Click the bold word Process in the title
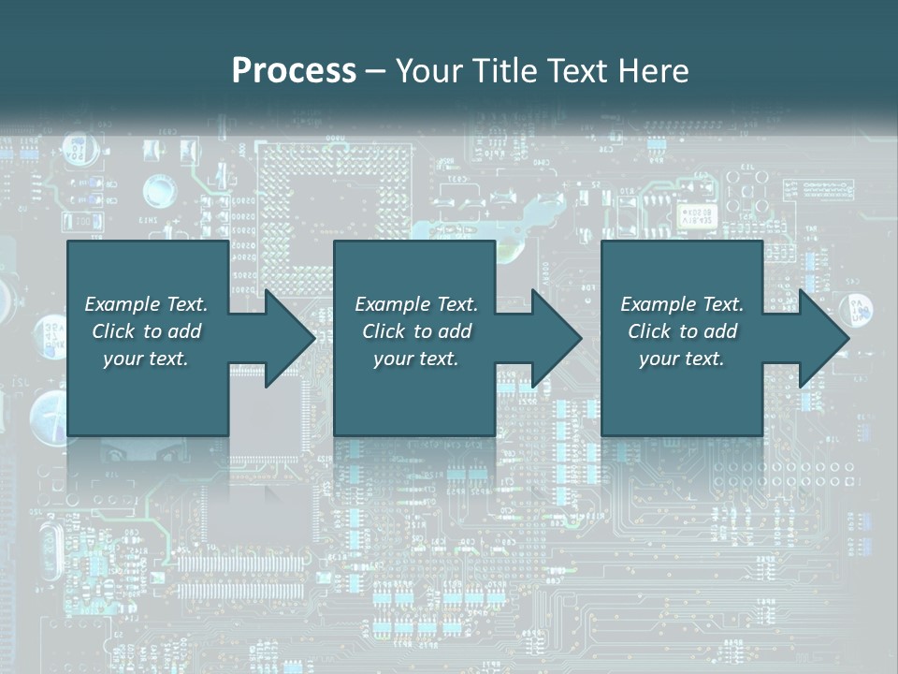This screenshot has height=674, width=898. click(x=294, y=71)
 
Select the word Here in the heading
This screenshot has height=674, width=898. click(x=654, y=71)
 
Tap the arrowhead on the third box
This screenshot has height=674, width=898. click(x=822, y=338)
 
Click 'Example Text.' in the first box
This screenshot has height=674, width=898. click(x=146, y=304)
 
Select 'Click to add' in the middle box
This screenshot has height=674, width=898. click(x=416, y=331)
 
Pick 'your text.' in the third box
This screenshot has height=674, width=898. click(x=682, y=359)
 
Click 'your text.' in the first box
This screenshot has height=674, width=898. click(x=146, y=359)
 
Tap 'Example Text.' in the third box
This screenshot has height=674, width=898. click(x=682, y=304)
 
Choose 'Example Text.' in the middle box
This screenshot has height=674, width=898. click(x=416, y=304)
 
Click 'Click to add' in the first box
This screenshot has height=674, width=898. click(x=146, y=331)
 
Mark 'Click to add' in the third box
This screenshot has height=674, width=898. click(x=682, y=331)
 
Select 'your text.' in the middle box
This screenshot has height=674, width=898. click(x=416, y=359)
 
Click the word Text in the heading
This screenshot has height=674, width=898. click(x=576, y=71)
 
